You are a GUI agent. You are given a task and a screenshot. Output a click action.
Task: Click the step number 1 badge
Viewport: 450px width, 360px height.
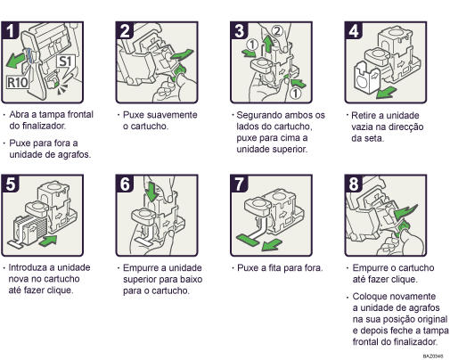(x=12, y=30)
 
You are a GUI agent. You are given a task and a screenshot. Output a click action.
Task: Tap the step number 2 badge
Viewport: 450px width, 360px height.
(x=126, y=30)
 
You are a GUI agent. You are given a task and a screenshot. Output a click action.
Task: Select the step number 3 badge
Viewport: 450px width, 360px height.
(x=239, y=30)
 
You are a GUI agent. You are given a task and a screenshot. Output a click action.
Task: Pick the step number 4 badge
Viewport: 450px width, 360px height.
(x=352, y=30)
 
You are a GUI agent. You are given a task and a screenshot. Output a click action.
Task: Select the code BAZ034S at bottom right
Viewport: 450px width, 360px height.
(x=435, y=355)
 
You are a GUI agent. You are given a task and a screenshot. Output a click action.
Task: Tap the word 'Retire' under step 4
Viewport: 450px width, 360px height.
(x=367, y=115)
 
